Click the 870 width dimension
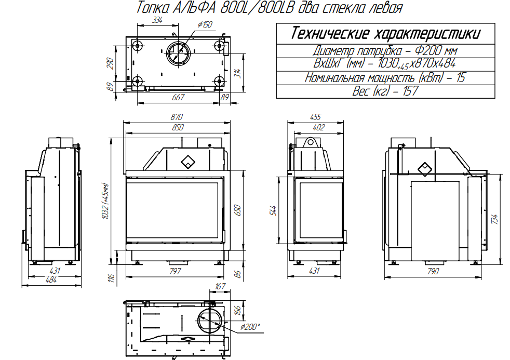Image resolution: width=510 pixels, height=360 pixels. [177, 117]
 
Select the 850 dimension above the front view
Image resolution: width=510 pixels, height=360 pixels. [178, 127]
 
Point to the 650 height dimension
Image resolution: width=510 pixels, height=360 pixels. [238, 210]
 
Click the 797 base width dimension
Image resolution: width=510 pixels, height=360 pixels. [175, 271]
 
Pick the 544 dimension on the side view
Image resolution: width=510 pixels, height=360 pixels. [273, 211]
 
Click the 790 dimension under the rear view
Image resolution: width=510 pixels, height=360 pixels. [433, 271]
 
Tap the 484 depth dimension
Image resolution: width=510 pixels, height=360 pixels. [51, 279]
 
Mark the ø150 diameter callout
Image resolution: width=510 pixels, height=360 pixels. [205, 24]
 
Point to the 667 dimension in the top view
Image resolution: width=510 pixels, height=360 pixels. [178, 97]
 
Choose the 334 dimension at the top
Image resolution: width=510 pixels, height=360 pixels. [157, 20]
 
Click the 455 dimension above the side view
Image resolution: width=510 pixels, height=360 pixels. [315, 117]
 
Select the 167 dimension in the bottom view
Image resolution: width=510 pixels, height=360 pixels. [220, 287]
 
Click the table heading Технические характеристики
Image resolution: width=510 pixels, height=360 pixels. [385, 33]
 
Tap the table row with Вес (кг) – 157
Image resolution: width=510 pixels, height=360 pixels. [385, 91]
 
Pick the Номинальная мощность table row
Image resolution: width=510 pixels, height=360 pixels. [385, 78]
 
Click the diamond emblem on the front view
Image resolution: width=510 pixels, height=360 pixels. [187, 162]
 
